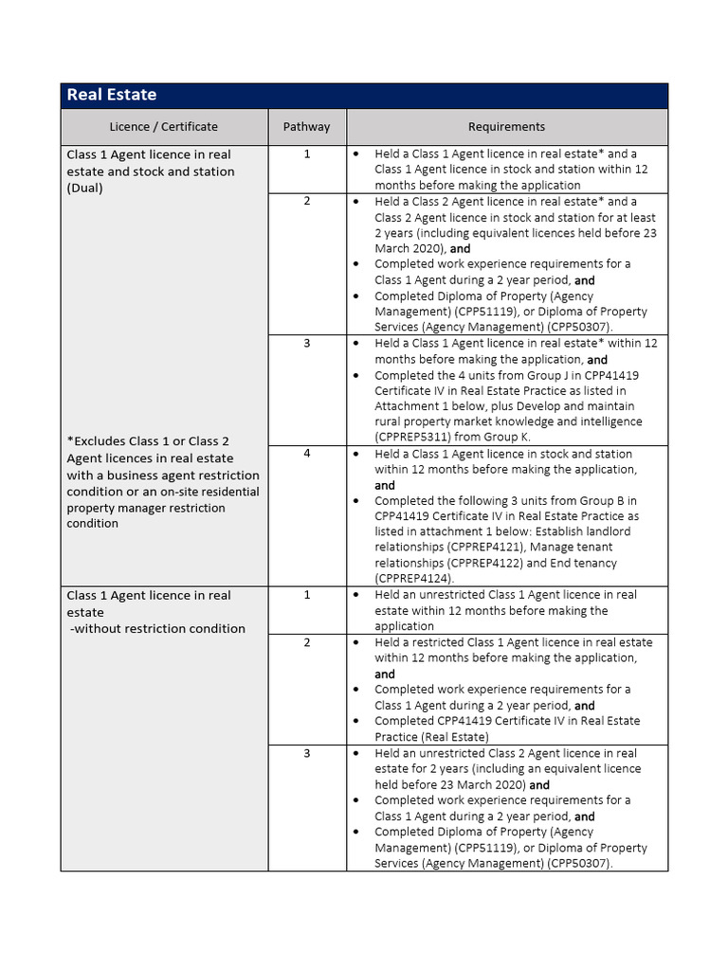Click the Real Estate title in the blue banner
pyautogui.click(x=111, y=95)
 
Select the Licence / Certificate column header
pyautogui.click(x=163, y=126)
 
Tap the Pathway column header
pyautogui.click(x=306, y=126)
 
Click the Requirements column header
pyautogui.click(x=506, y=126)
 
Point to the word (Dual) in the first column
pyautogui.click(x=85, y=188)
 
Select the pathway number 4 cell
pyautogui.click(x=306, y=454)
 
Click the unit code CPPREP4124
pyautogui.click(x=413, y=578)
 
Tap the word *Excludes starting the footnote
pyautogui.click(x=100, y=440)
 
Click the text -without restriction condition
pyautogui.click(x=157, y=628)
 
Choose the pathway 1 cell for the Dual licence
pyautogui.click(x=306, y=153)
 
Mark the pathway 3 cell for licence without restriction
pyautogui.click(x=306, y=753)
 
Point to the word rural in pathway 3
pyautogui.click(x=390, y=422)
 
